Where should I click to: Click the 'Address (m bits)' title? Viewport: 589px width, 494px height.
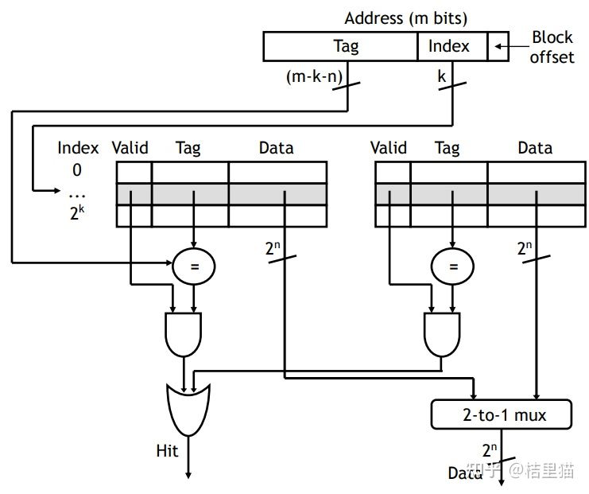click(x=405, y=18)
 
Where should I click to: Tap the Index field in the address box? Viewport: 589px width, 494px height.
click(x=449, y=47)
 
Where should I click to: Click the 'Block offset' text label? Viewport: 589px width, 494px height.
click(x=552, y=47)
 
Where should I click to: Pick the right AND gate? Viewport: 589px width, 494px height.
click(x=441, y=333)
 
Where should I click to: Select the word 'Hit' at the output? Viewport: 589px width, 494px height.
click(x=167, y=452)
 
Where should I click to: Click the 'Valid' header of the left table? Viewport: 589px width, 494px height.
click(x=130, y=148)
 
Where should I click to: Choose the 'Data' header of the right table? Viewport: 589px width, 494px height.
click(x=535, y=148)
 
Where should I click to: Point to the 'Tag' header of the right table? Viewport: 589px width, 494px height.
click(x=448, y=148)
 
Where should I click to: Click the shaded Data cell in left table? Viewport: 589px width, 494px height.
click(x=277, y=194)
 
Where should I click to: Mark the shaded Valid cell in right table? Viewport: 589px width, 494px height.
click(x=389, y=194)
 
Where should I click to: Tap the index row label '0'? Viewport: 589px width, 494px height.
click(x=77, y=170)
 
